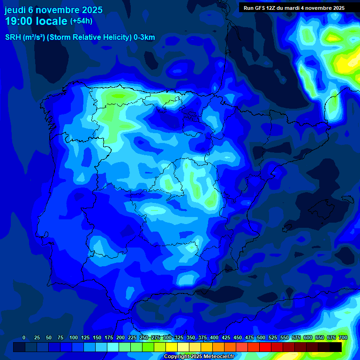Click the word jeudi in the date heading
pyautogui.click(x=16, y=10)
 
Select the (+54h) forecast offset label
pyautogui.click(x=81, y=21)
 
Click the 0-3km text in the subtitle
pyautogui.click(x=144, y=37)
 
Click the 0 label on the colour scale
pyautogui.click(x=24, y=337)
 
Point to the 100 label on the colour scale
pyautogui.click(x=73, y=337)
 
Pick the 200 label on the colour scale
pyautogui.click(x=120, y=337)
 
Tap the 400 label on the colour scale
pyautogui.click(x=214, y=337)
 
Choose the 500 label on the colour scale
pyautogui.click(x=261, y=337)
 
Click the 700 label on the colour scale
pyautogui.click(x=343, y=337)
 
